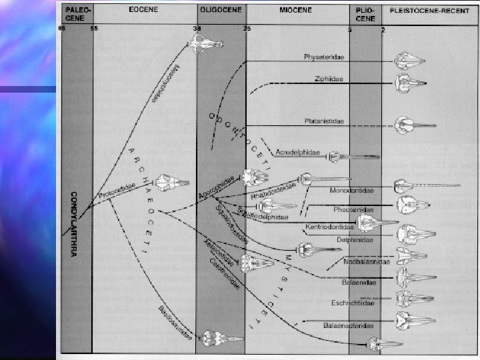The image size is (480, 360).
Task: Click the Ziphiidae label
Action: pyautogui.click(x=329, y=80)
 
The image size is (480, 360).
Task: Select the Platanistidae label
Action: pyautogui.click(x=324, y=122)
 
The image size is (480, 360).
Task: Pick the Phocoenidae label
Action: pyautogui.click(x=352, y=209)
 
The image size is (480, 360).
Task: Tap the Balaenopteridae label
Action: pyautogui.click(x=348, y=325)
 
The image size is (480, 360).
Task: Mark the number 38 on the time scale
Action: pyautogui.click(x=197, y=29)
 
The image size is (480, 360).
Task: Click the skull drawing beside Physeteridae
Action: pyautogui.click(x=408, y=62)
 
